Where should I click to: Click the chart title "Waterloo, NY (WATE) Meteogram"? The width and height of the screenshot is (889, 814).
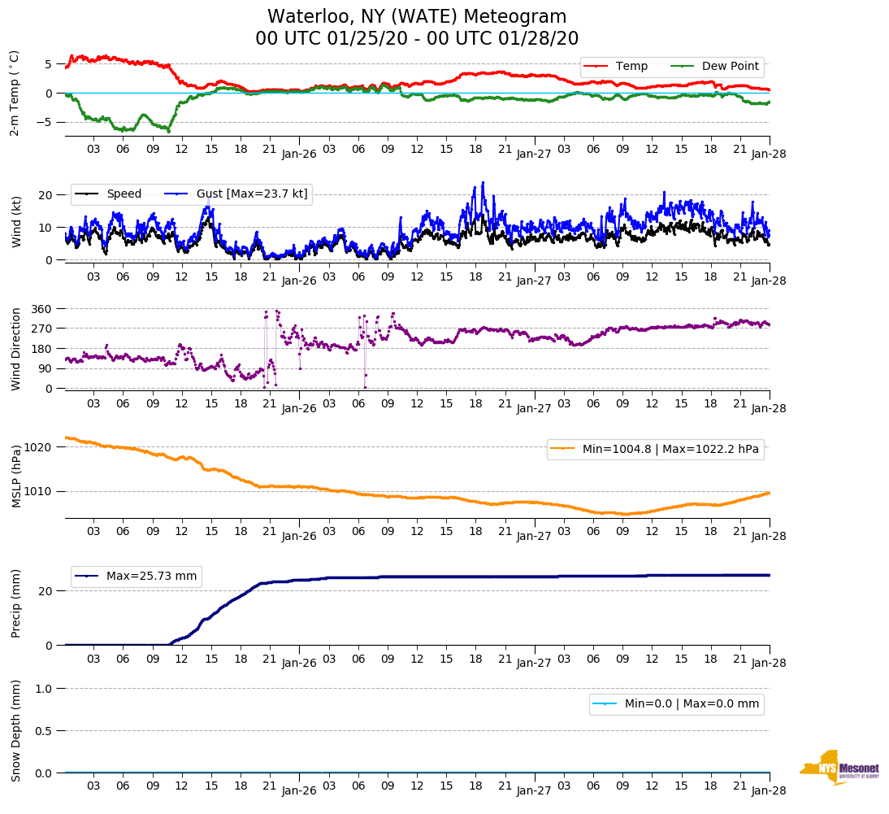[417, 17]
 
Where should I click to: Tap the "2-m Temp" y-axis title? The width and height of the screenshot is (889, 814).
[15, 93]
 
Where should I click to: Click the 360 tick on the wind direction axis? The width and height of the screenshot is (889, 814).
[43, 309]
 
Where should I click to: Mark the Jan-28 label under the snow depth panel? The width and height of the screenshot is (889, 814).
[768, 790]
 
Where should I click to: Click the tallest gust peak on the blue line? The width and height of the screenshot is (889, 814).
[483, 183]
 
